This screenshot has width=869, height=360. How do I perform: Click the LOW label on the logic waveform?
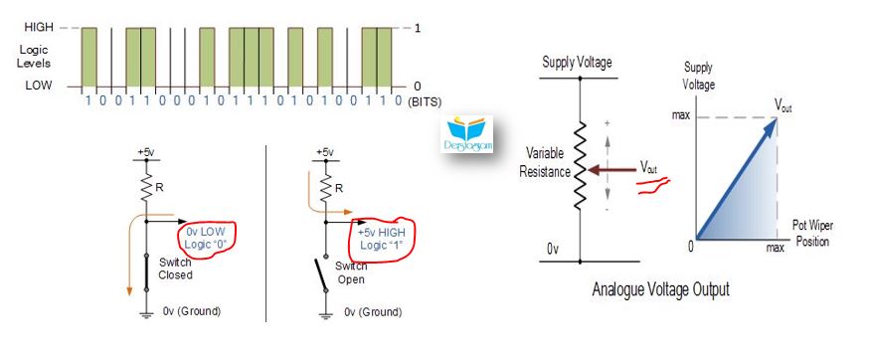pos(38,86)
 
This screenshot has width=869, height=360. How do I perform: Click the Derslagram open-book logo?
pos(467,133)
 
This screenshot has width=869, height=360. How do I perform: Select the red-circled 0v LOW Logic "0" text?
pos(207,237)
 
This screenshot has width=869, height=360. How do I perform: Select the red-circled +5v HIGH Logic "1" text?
pos(380,239)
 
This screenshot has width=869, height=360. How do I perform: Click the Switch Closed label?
pos(175,269)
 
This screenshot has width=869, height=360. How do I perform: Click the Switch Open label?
pos(351,272)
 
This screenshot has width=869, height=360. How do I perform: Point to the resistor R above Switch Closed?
pos(147,188)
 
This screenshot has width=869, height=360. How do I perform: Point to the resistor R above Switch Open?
pos(326,188)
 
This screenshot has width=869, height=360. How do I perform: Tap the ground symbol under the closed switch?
pos(147,314)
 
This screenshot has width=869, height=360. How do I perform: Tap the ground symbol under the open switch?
pos(326,314)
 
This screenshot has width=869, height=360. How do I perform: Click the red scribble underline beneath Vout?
pos(654,185)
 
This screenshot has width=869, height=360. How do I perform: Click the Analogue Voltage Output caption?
pos(660,289)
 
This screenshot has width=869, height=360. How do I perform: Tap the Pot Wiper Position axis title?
pos(812,234)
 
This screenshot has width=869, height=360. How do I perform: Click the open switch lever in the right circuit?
pos(321,275)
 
